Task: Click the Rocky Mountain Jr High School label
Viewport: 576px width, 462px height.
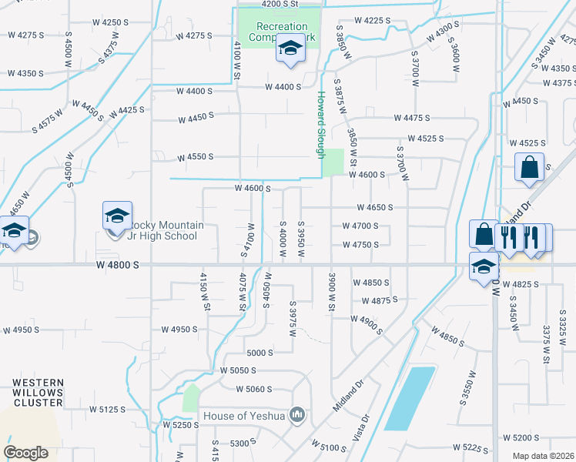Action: (x=163, y=230)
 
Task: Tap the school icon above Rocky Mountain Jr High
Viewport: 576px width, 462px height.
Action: (x=117, y=216)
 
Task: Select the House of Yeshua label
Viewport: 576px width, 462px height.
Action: (x=243, y=417)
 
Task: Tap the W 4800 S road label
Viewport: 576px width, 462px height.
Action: (x=117, y=264)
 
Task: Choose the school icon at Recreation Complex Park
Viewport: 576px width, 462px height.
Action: (x=290, y=50)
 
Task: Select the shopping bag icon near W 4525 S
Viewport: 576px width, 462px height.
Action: (x=530, y=167)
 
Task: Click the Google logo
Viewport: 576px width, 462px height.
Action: (x=27, y=453)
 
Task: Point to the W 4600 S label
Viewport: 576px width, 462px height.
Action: (x=253, y=188)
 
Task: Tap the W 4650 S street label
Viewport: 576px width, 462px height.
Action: (x=374, y=207)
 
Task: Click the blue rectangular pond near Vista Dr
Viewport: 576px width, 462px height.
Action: (x=410, y=398)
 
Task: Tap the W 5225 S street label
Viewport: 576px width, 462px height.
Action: (x=471, y=447)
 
